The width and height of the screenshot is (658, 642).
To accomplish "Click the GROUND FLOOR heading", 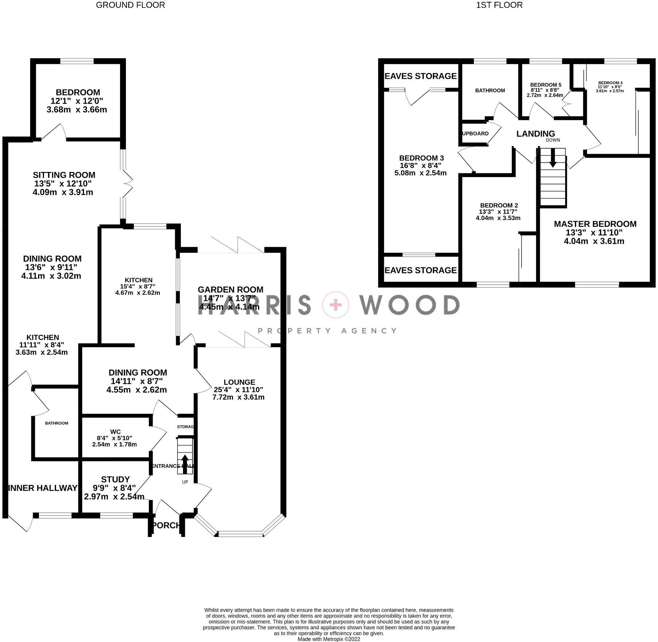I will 130,5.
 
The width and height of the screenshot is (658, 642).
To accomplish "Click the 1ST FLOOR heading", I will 499,5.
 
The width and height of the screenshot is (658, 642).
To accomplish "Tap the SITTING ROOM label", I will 64,175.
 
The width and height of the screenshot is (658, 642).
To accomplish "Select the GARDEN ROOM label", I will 230,290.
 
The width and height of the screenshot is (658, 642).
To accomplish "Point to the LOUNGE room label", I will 239,382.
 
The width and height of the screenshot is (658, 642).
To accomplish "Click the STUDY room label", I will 115,480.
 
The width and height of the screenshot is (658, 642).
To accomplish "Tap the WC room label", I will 115,432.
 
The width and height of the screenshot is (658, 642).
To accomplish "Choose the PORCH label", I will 166,525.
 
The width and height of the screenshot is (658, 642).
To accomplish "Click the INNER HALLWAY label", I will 43,488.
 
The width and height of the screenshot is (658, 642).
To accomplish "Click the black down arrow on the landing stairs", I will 552,159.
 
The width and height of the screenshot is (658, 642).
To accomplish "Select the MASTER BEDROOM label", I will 595,224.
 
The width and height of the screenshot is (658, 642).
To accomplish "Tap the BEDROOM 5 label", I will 546,85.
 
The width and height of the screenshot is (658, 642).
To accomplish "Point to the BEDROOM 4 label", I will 610,83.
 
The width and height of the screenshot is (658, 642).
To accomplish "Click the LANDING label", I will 536,134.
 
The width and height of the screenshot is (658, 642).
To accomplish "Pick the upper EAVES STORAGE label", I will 420,76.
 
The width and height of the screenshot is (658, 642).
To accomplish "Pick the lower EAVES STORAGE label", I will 420,270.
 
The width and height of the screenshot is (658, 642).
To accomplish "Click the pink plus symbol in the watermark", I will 336,305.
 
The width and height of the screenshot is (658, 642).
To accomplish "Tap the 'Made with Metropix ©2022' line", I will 329,639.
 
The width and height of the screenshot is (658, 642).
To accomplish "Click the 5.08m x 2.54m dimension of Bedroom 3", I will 420,173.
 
